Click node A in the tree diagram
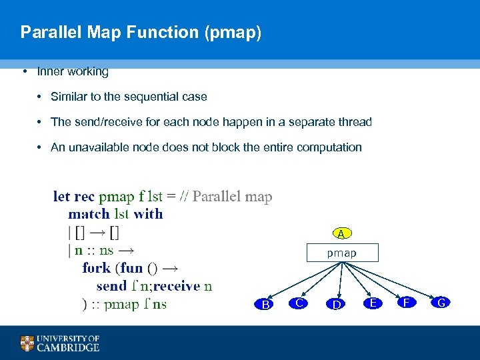point(341,234)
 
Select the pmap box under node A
point(341,253)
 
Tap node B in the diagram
point(265,305)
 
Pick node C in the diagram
point(300,303)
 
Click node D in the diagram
point(338,305)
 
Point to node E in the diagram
point(373,303)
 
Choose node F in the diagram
point(407,303)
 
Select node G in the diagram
point(440,303)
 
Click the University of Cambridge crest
point(27,343)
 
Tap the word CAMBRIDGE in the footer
point(68,347)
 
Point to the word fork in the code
point(97,268)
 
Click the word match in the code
point(89,214)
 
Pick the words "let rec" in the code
point(74,197)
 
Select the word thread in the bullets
point(355,122)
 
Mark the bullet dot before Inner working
point(24,71)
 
